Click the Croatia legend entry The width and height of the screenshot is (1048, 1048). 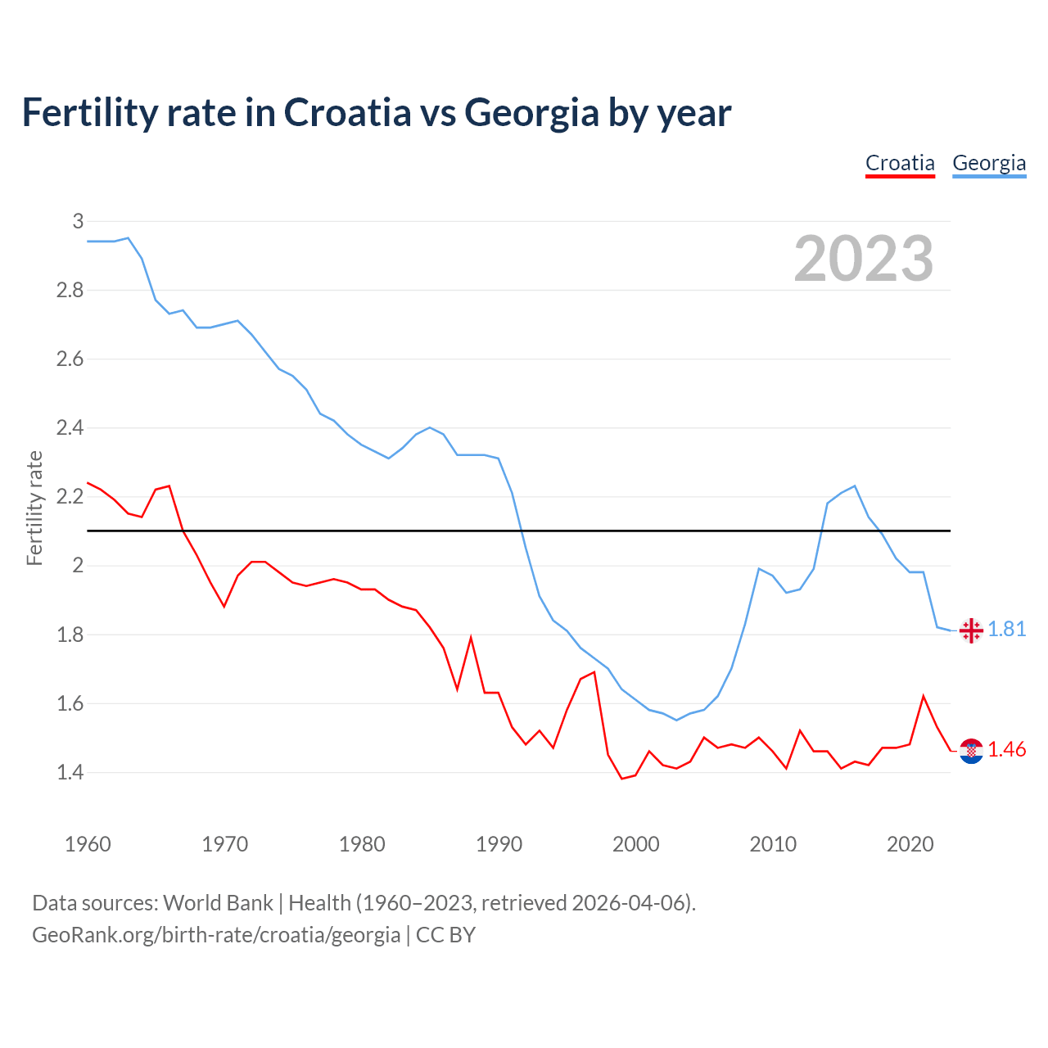(x=900, y=163)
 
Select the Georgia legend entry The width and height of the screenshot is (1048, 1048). (x=989, y=163)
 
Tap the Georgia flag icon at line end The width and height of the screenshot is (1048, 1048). (x=971, y=630)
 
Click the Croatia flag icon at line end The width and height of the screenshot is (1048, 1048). (x=971, y=751)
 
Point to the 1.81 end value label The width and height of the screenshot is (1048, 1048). (x=1007, y=629)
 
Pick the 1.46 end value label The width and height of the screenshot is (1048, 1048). (x=1007, y=749)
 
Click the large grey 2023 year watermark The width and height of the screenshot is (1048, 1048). (x=864, y=259)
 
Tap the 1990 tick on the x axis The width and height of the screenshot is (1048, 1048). (x=499, y=844)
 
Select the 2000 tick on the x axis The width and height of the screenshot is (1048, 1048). (x=636, y=844)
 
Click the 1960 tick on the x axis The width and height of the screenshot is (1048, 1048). (x=88, y=844)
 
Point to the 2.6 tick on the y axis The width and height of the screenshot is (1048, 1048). (x=70, y=359)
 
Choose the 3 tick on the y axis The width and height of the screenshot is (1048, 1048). (x=78, y=221)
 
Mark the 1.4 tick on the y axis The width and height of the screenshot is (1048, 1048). (x=70, y=772)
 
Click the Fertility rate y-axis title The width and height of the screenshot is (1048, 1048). (x=34, y=508)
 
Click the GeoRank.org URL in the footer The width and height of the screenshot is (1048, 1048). (x=216, y=934)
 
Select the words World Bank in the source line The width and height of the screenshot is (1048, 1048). (x=218, y=902)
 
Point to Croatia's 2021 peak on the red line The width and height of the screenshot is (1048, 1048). (x=924, y=696)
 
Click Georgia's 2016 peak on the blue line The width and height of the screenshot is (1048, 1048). (x=855, y=486)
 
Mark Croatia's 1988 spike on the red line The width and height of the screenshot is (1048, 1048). (x=471, y=638)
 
